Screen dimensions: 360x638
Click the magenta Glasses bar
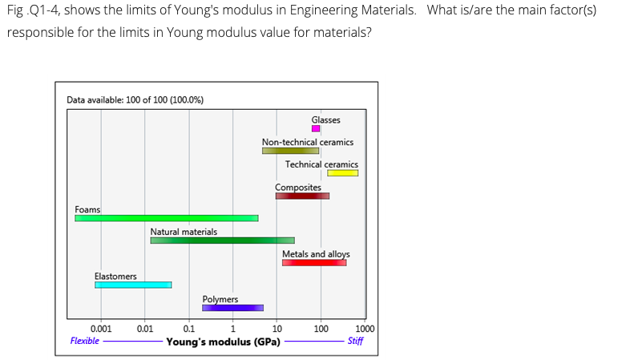point(316,128)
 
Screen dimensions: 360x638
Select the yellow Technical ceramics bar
point(342,172)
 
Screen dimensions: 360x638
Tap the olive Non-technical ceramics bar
point(290,151)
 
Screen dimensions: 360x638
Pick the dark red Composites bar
point(302,196)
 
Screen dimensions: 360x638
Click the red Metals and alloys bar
point(314,262)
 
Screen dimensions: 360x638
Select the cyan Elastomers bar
point(133,285)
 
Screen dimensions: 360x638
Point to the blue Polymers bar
point(232,307)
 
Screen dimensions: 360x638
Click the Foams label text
point(87,209)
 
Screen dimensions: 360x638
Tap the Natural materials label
point(184,232)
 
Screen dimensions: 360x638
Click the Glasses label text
point(325,119)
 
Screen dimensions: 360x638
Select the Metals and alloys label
point(316,254)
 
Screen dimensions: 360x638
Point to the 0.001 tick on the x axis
point(101,329)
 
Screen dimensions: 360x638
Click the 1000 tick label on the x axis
point(364,329)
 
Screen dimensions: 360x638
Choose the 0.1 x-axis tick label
point(188,329)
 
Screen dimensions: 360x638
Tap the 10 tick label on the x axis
point(277,329)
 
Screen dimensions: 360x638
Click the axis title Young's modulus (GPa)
point(223,342)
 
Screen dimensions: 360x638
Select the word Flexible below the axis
point(85,341)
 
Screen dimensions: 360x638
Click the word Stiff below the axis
point(355,341)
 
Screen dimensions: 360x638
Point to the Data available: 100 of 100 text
point(135,99)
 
